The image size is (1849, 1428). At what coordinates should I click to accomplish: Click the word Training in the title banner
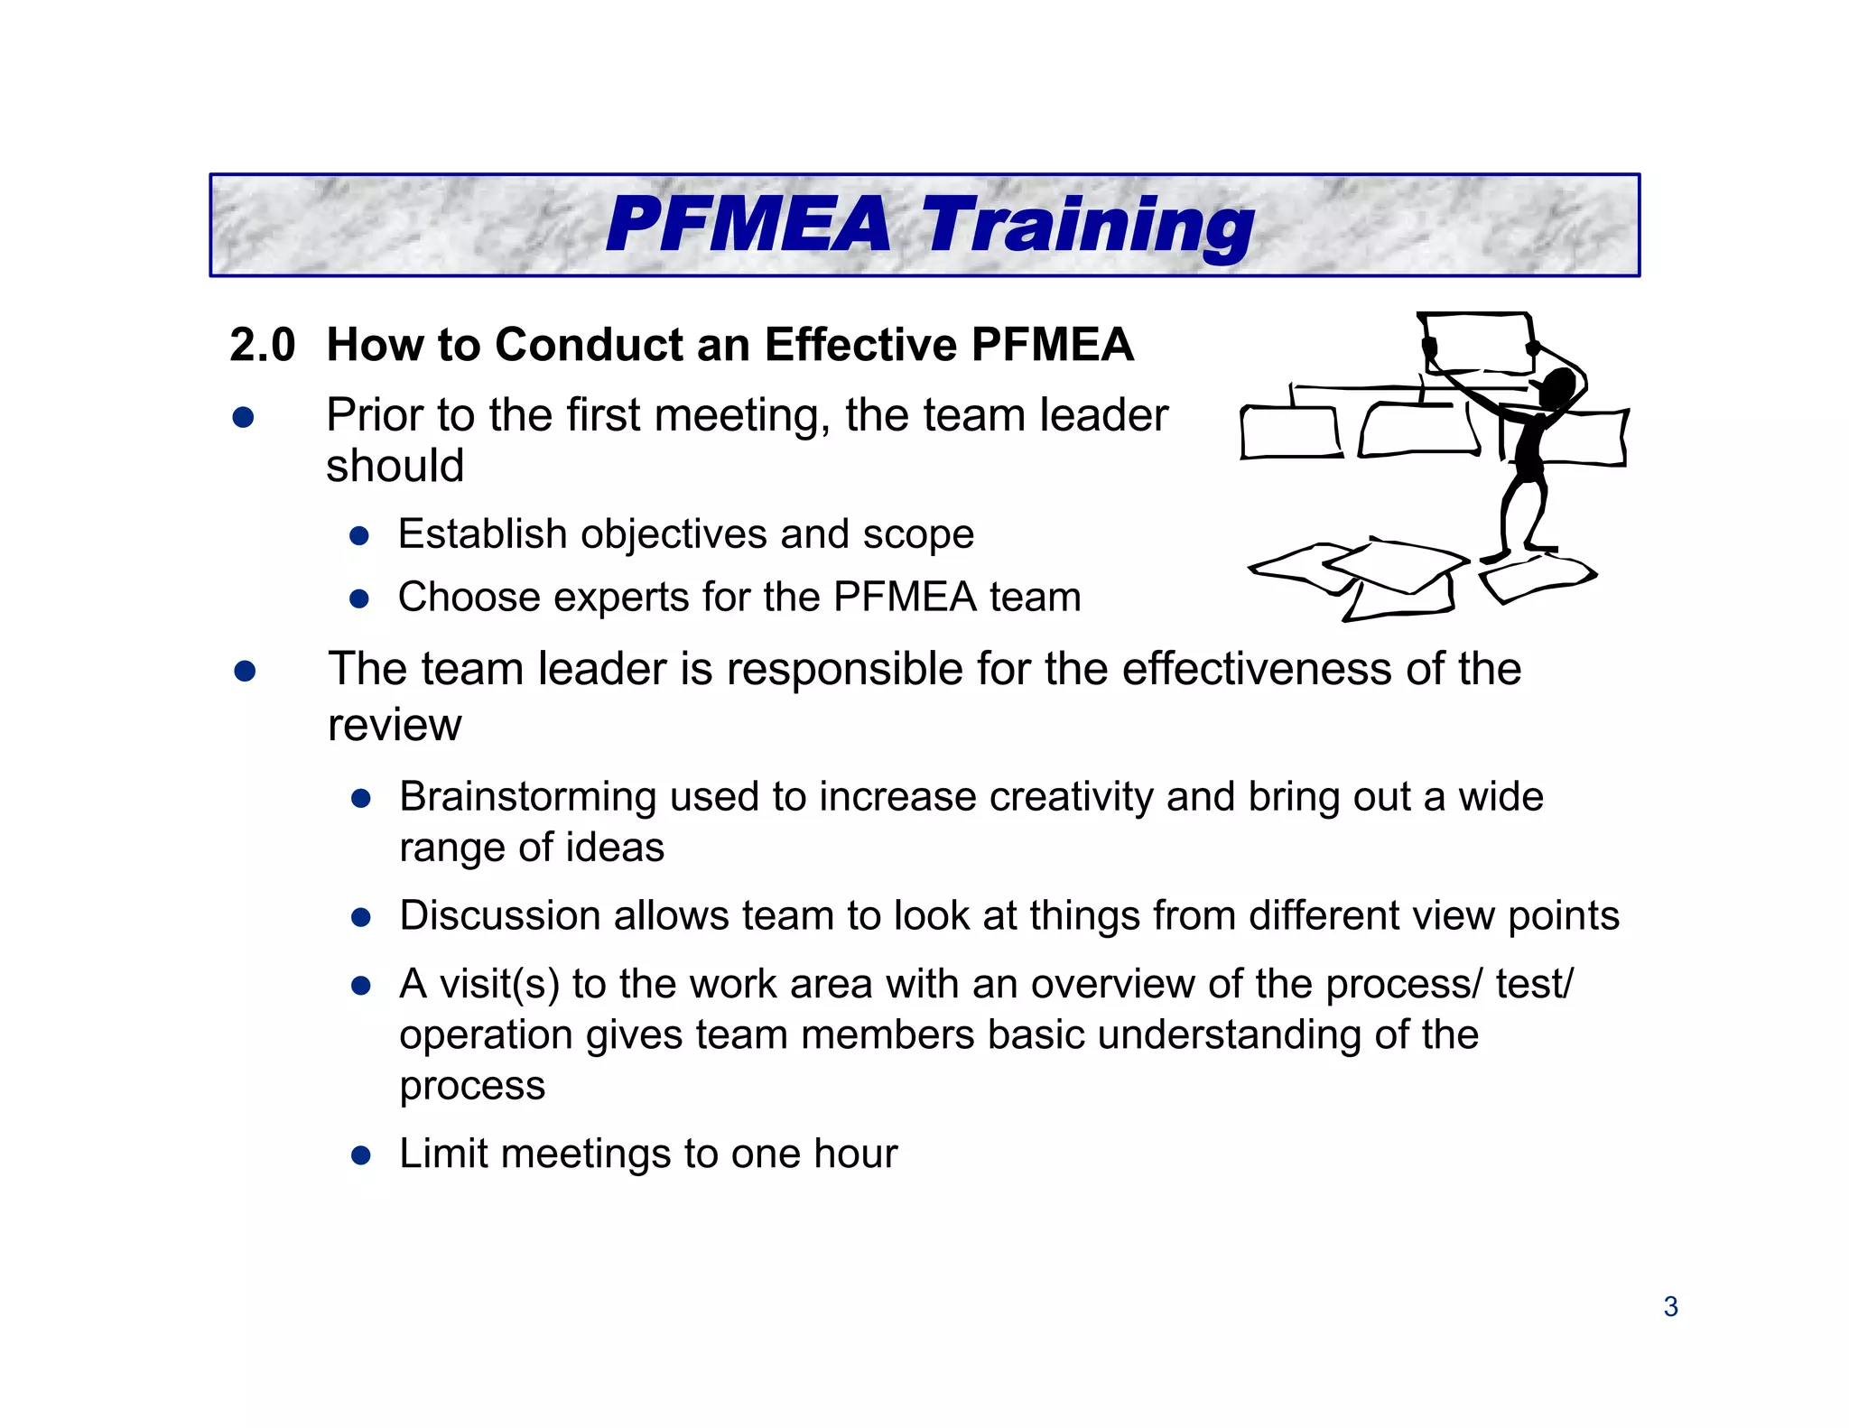tap(1087, 226)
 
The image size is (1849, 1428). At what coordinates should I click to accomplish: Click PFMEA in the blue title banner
tap(748, 226)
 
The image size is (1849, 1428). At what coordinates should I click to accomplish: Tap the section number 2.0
tap(262, 346)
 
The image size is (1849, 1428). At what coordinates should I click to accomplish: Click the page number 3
tap(1670, 1307)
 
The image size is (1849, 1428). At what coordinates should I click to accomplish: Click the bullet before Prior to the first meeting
tap(243, 417)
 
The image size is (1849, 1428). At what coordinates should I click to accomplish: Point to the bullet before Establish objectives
tap(359, 536)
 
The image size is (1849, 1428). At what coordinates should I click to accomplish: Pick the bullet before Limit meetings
tap(361, 1155)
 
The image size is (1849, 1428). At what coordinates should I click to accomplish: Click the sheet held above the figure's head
tap(1477, 341)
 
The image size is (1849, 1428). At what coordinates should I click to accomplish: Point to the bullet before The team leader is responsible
tap(245, 672)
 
